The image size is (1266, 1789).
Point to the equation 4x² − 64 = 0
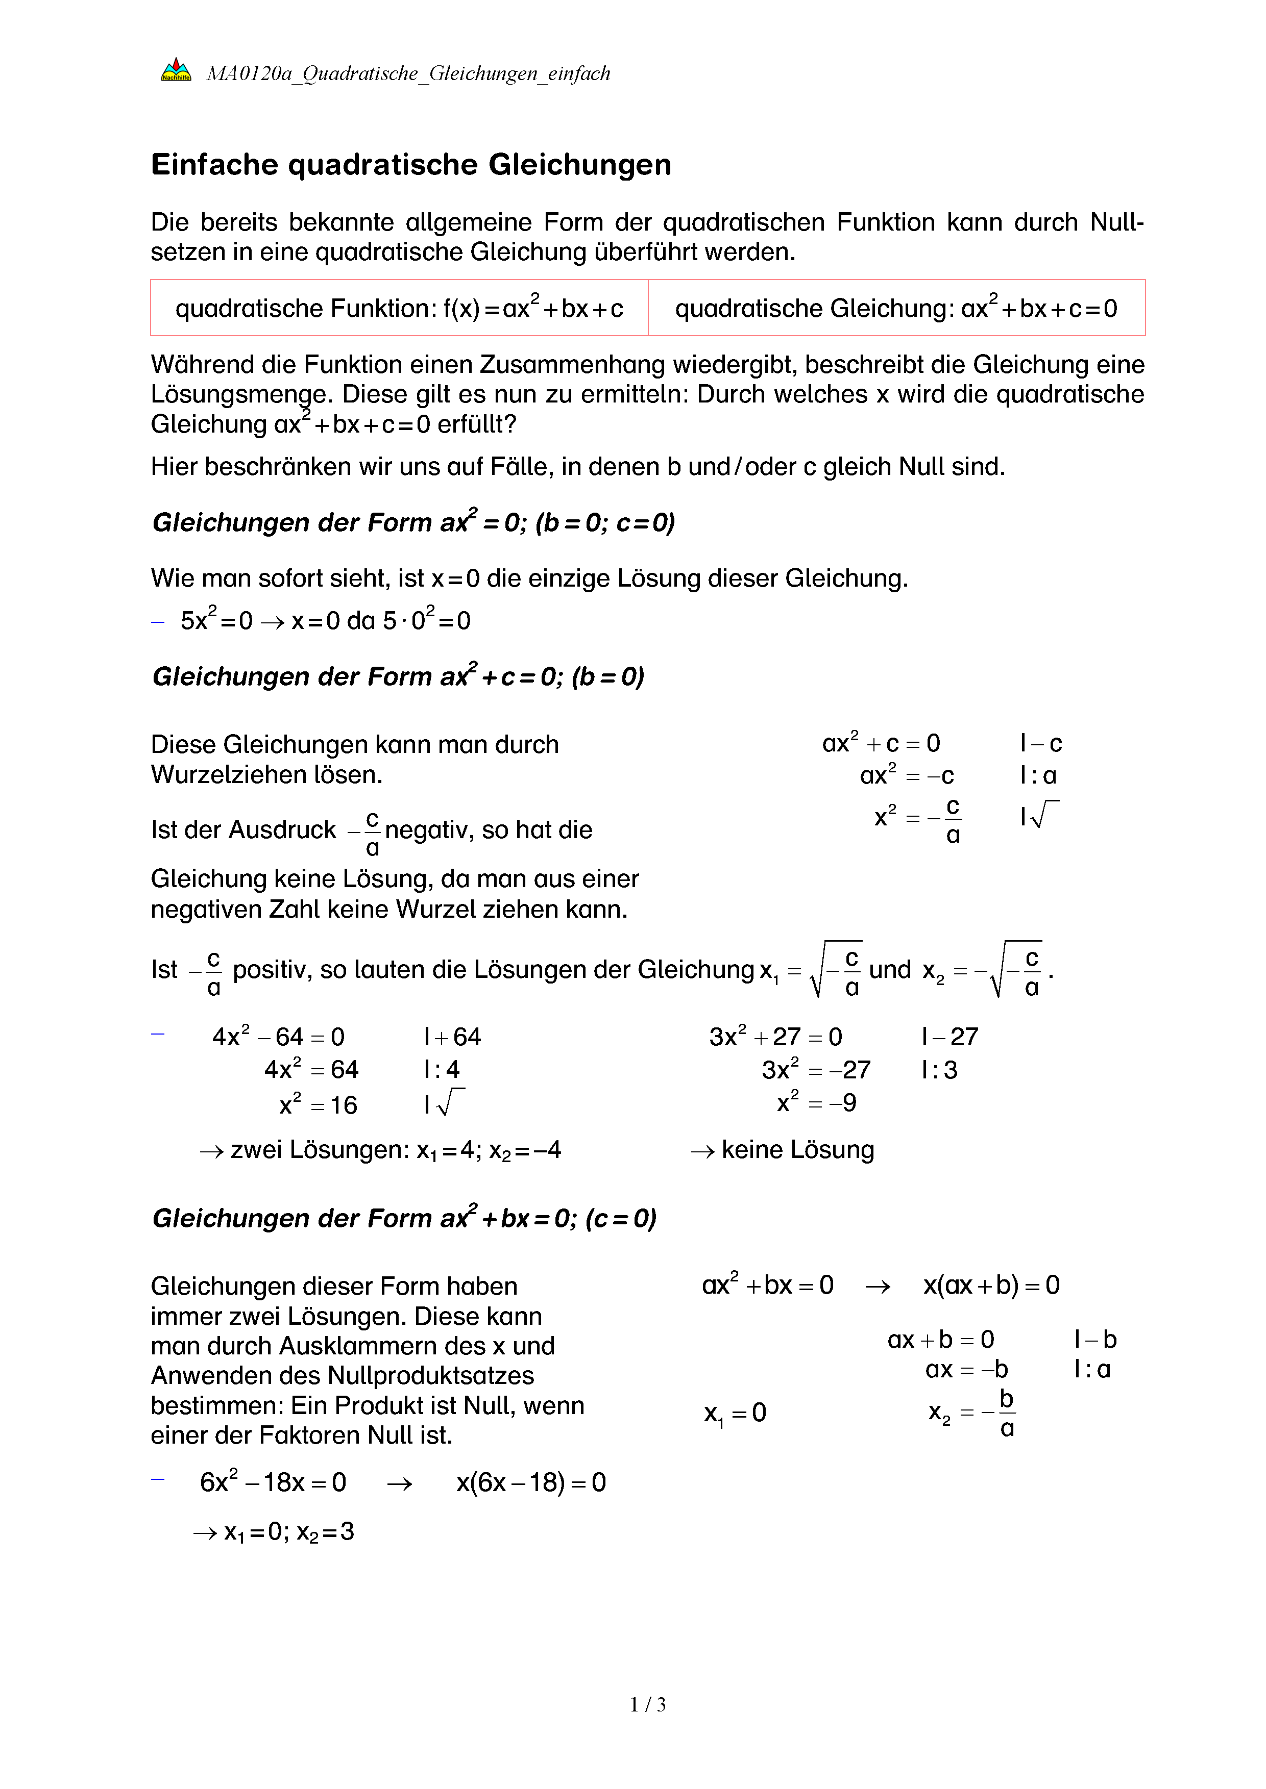278,1037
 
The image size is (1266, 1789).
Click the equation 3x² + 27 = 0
775,1037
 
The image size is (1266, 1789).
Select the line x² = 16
318,1105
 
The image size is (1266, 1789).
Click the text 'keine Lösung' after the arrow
797,1150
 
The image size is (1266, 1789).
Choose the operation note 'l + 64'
452,1037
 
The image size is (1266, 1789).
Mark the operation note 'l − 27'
949,1037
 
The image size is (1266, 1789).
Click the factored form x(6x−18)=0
531,1482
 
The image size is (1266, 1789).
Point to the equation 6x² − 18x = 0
273,1482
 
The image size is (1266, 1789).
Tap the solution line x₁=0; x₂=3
288,1532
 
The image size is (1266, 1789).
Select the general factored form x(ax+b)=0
991,1285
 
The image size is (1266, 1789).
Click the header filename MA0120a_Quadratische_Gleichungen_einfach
408,74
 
